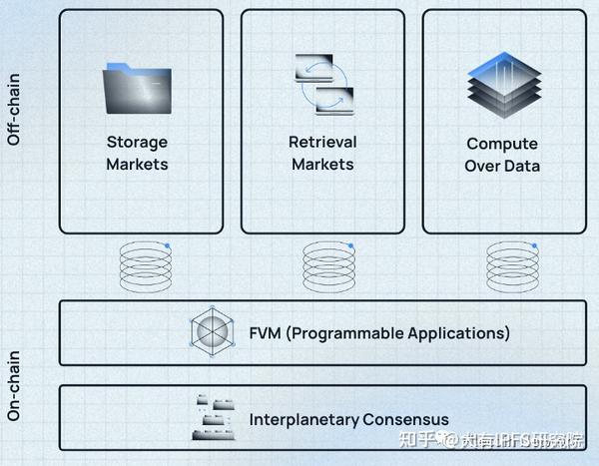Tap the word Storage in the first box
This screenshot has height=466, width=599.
point(137,142)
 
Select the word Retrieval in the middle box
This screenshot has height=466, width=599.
point(322,142)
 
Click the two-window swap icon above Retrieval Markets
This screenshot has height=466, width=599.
point(322,85)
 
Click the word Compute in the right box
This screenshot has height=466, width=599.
point(502,144)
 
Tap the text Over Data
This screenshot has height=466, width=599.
point(502,166)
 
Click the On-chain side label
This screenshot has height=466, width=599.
point(14,384)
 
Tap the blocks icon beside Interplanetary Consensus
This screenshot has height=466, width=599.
point(213,418)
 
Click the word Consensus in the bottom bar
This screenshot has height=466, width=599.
point(409,419)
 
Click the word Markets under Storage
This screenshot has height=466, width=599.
point(137,164)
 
